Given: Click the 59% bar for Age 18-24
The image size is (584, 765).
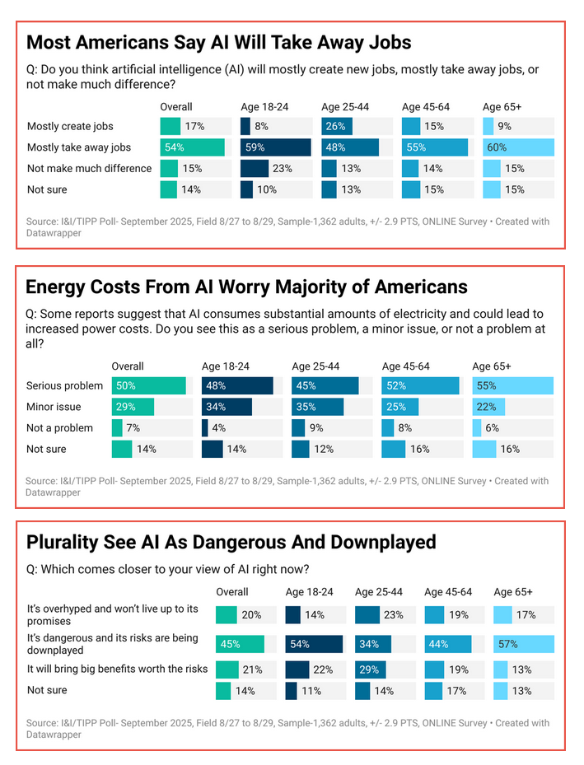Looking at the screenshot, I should point(275,147).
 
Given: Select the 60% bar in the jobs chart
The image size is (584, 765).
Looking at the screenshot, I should point(517,147).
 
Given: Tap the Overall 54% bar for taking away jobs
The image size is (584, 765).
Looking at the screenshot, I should point(192,147).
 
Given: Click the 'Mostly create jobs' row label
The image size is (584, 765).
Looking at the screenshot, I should point(70,126).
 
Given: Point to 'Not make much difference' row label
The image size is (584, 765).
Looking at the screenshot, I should point(89,168).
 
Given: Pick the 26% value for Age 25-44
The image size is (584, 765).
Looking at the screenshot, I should point(336,126).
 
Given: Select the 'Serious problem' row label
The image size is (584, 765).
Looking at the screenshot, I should point(64,385).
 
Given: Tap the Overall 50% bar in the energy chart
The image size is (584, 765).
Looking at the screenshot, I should point(149,385).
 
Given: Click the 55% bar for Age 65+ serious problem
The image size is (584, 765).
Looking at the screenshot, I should point(512,385).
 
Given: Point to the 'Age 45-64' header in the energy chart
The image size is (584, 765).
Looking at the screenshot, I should point(405,366).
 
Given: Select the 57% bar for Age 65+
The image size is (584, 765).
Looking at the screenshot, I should point(523,644).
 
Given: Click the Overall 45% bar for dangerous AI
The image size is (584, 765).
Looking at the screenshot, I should point(240,644).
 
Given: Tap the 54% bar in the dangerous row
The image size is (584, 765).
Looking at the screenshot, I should point(314,644).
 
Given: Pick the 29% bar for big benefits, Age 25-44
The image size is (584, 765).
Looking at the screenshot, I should point(368,669).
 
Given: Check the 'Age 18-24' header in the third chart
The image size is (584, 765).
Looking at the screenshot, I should point(309,591).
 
